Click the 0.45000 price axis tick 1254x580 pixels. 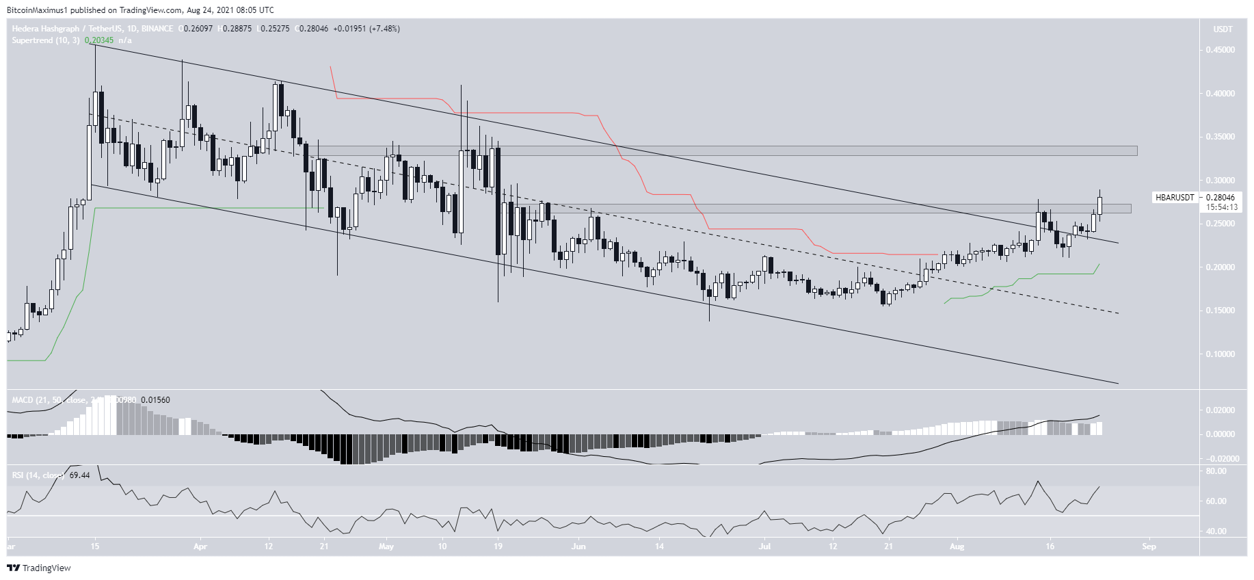coord(1220,50)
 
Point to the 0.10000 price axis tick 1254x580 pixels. coord(1220,354)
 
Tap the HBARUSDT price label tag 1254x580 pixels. coord(1175,198)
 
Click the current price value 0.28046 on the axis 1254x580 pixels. coord(1220,198)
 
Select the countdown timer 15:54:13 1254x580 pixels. coord(1221,207)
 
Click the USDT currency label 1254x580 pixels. coord(1223,29)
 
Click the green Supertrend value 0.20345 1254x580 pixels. coord(99,40)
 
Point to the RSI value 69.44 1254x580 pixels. coord(79,475)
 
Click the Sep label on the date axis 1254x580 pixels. coord(1149,546)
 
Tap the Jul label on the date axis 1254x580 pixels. coord(764,546)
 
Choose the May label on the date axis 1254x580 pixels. coord(386,546)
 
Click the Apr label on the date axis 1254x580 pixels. coord(200,546)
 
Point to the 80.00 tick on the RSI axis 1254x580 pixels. coord(1216,471)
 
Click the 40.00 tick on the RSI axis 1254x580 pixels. coord(1216,531)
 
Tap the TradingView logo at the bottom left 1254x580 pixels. coord(39,568)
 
